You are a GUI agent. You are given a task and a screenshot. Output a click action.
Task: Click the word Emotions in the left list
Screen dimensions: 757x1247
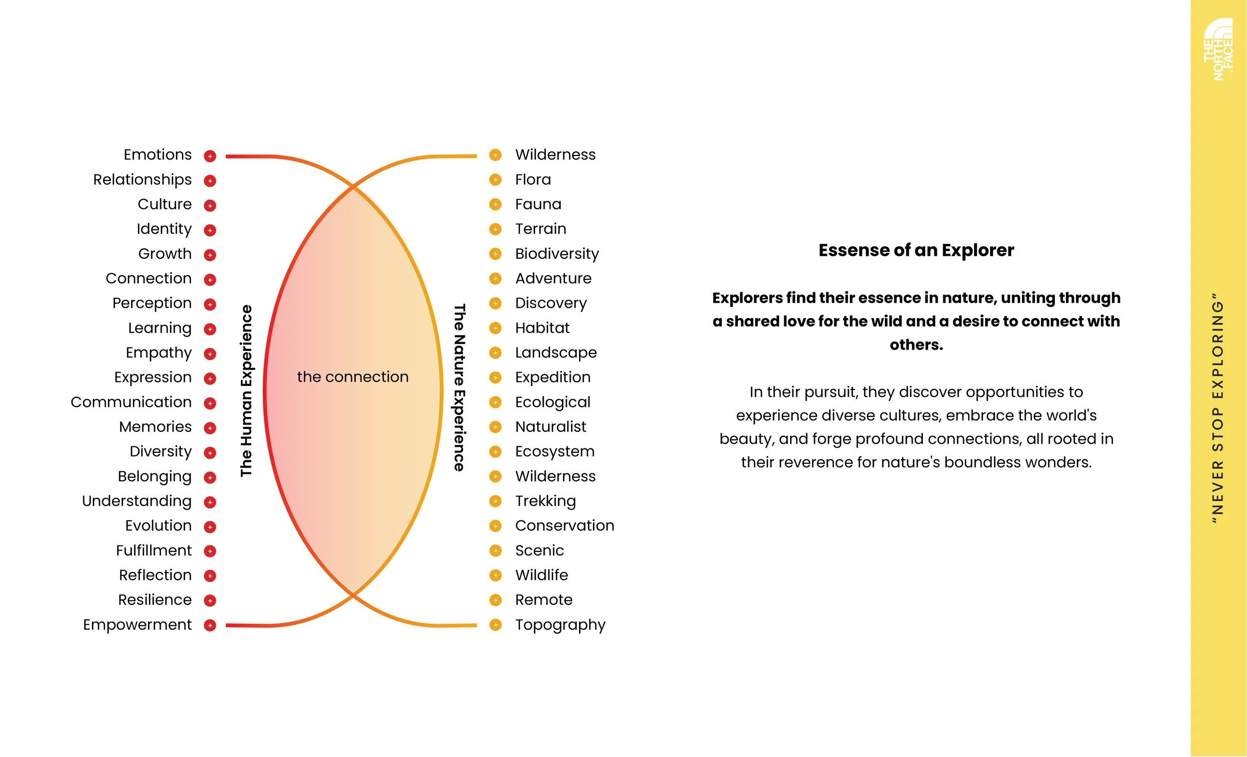pos(158,155)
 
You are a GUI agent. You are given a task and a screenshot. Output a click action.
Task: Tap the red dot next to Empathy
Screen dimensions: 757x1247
pos(210,354)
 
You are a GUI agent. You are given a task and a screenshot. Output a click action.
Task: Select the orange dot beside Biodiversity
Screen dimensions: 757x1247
pos(495,254)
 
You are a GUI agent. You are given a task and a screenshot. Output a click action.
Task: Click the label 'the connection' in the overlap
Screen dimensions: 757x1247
pos(353,377)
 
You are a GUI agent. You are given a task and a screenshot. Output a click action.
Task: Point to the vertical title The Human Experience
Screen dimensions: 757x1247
pos(246,390)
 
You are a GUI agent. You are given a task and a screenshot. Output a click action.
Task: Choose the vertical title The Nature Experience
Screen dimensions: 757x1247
pos(459,387)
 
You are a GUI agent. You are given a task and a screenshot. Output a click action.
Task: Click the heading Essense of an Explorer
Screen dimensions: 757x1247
pos(916,250)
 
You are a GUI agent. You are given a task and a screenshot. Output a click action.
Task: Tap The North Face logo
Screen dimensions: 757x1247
pos(1218,49)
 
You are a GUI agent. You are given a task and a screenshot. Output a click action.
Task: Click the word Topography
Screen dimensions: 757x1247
pos(560,625)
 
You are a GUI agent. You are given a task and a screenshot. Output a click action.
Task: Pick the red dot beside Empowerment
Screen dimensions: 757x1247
pos(210,625)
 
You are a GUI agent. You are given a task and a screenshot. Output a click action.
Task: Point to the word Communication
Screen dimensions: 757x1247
pos(131,402)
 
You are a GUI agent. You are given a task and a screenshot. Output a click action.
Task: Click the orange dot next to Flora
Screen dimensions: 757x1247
pos(495,180)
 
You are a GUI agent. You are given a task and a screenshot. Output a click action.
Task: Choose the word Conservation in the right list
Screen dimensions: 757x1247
pos(565,526)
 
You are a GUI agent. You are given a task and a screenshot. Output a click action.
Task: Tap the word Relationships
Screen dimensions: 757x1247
pos(142,180)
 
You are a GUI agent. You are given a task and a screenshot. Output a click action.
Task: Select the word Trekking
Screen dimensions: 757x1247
pos(546,502)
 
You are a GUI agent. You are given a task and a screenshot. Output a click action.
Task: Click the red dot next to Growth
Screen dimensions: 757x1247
pos(210,254)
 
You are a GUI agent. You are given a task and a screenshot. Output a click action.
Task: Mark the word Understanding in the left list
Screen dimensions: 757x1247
pos(137,502)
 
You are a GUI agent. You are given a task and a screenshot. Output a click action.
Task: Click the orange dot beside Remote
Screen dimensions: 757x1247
pos(495,600)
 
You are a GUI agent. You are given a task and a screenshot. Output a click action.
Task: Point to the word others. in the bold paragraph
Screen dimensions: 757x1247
pos(916,345)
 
